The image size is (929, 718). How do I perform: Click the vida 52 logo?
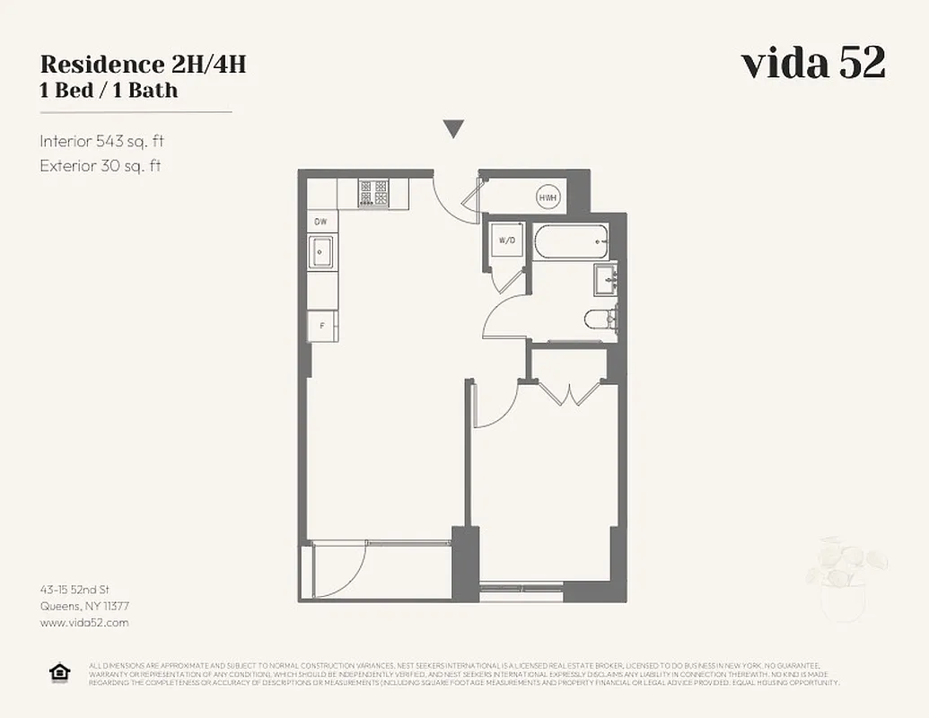(x=812, y=63)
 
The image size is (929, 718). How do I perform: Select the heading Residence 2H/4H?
(x=143, y=65)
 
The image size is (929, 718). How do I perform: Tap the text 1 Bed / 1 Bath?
(x=109, y=90)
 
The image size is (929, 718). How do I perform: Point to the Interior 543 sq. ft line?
(x=102, y=141)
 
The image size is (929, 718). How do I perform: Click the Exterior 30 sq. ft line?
(x=101, y=165)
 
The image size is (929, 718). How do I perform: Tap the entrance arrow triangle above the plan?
(x=454, y=129)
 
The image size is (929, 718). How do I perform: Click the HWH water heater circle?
(x=548, y=197)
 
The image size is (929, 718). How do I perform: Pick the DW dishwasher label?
(x=320, y=222)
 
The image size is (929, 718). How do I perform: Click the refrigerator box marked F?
(x=321, y=326)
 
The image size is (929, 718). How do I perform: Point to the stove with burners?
(x=372, y=193)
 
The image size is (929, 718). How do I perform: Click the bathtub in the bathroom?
(x=571, y=241)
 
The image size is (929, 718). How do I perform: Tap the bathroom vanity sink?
(x=604, y=279)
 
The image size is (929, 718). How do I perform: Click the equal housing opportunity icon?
(x=59, y=672)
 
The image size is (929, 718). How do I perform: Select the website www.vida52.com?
(x=84, y=622)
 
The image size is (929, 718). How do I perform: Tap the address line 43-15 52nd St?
(x=74, y=590)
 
